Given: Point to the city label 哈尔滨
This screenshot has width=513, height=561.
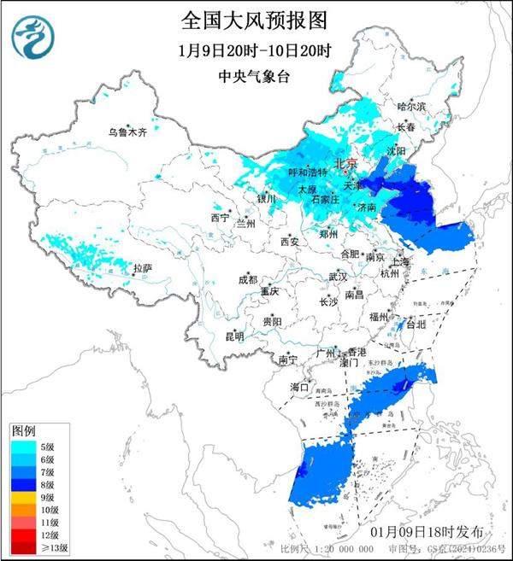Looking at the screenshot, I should click(x=411, y=107).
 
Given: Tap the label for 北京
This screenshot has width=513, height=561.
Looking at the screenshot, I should click(x=345, y=162).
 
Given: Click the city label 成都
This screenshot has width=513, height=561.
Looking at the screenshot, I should click(x=247, y=278).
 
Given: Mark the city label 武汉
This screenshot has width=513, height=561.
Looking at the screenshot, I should click(x=338, y=277).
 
